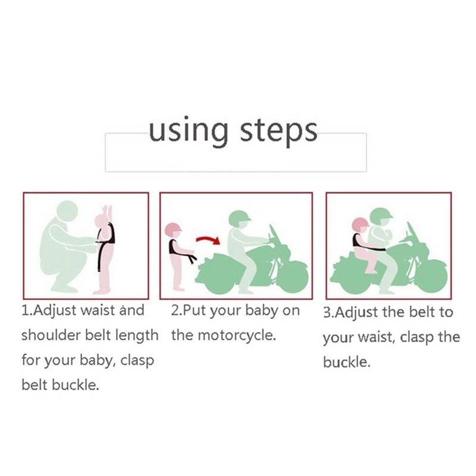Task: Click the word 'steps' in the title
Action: (x=278, y=132)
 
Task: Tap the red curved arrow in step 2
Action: (x=208, y=240)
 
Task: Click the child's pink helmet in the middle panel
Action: (x=173, y=230)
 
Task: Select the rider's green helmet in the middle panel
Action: (x=240, y=218)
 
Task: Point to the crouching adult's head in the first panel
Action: (x=67, y=212)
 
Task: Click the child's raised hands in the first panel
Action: (x=107, y=210)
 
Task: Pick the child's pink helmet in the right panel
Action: (x=361, y=225)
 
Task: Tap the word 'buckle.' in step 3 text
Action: (x=347, y=362)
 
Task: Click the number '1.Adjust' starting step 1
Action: (x=49, y=311)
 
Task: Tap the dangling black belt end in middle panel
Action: (x=191, y=258)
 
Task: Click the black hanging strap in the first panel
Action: (x=100, y=255)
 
